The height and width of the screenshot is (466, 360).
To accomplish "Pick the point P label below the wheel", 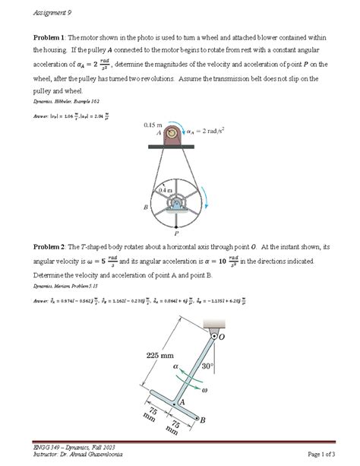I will tap(176, 234).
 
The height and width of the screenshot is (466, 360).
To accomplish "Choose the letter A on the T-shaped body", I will tap(180, 402).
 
